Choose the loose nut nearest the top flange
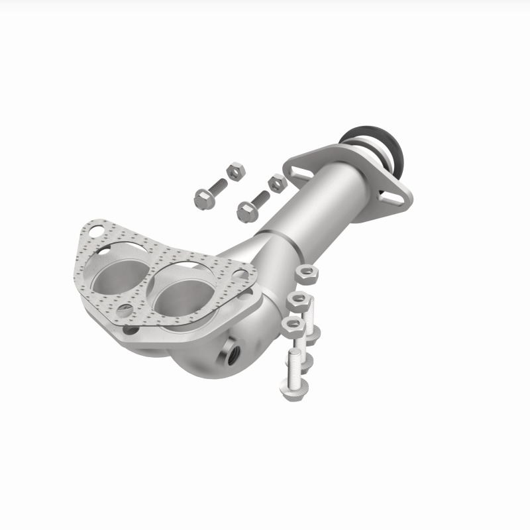pos(276,182)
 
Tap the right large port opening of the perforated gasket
pos(178,293)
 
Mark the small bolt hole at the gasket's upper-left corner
pos(97,232)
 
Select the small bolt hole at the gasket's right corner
pos(241,274)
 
